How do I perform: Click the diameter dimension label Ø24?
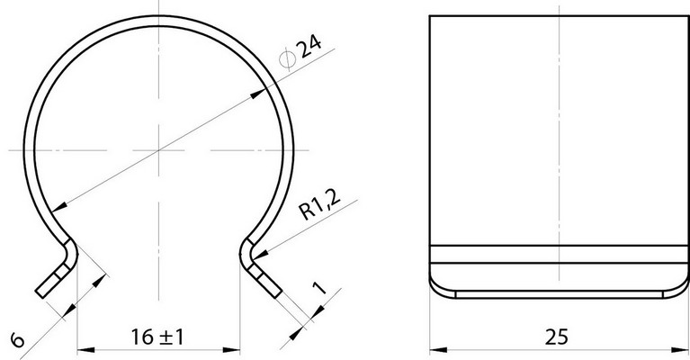(x=301, y=52)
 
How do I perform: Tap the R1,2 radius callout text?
(x=320, y=204)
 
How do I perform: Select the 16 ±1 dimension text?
(x=157, y=337)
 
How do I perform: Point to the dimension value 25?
(x=557, y=337)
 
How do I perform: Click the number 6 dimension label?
(x=18, y=340)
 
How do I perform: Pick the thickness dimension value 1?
(x=319, y=287)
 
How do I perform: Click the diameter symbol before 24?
(x=287, y=59)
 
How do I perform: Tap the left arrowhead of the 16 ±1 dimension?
(x=85, y=350)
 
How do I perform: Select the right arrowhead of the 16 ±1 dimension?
(x=231, y=350)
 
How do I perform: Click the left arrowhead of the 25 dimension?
(x=438, y=350)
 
